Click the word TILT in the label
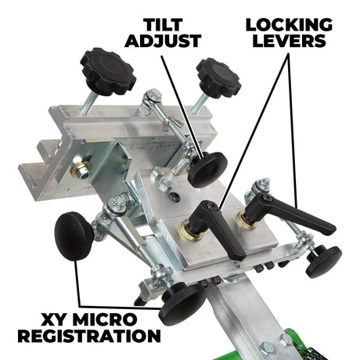tap(163, 25)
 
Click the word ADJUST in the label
tap(163, 41)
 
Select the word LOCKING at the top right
tap(289, 25)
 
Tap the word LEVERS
tap(289, 41)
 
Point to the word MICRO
tap(105, 319)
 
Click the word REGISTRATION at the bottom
tap(89, 336)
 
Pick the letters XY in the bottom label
tap(55, 319)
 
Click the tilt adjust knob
tap(207, 170)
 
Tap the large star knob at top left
tap(108, 71)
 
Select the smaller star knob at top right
tap(218, 77)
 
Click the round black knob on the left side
tap(74, 236)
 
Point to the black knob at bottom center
tap(182, 304)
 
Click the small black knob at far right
tap(323, 261)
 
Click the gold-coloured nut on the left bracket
tap(82, 169)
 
